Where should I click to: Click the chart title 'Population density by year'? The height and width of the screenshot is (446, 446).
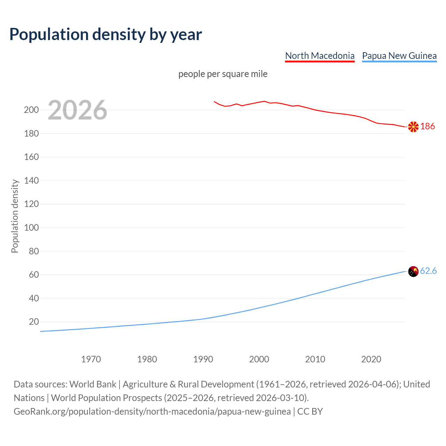106,34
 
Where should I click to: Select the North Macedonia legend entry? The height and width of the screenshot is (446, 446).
320,56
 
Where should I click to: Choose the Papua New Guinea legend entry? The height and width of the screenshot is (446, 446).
399,56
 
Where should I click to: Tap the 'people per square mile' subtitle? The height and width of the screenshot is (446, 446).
223,74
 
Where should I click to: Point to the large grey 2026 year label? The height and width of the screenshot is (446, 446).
77,110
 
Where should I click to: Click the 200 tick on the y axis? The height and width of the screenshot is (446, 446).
31,110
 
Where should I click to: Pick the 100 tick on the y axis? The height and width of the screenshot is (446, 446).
31,228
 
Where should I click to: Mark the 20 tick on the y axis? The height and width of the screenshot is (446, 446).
34,322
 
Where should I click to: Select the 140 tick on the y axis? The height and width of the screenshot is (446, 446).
31,181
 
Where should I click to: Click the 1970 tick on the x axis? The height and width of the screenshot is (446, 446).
91,359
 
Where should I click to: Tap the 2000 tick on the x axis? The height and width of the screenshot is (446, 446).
259,359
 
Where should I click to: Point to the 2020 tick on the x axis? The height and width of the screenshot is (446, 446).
371,359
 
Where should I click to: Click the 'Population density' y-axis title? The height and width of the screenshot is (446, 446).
15,216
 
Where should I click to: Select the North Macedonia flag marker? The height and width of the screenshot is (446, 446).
413,127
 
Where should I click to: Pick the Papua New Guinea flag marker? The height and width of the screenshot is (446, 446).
413,271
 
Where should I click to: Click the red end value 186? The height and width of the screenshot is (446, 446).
428,126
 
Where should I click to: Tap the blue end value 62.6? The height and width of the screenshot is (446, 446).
428,271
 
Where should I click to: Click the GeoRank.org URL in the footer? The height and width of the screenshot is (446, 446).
152,412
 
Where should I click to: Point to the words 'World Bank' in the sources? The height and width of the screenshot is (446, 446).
93,384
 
